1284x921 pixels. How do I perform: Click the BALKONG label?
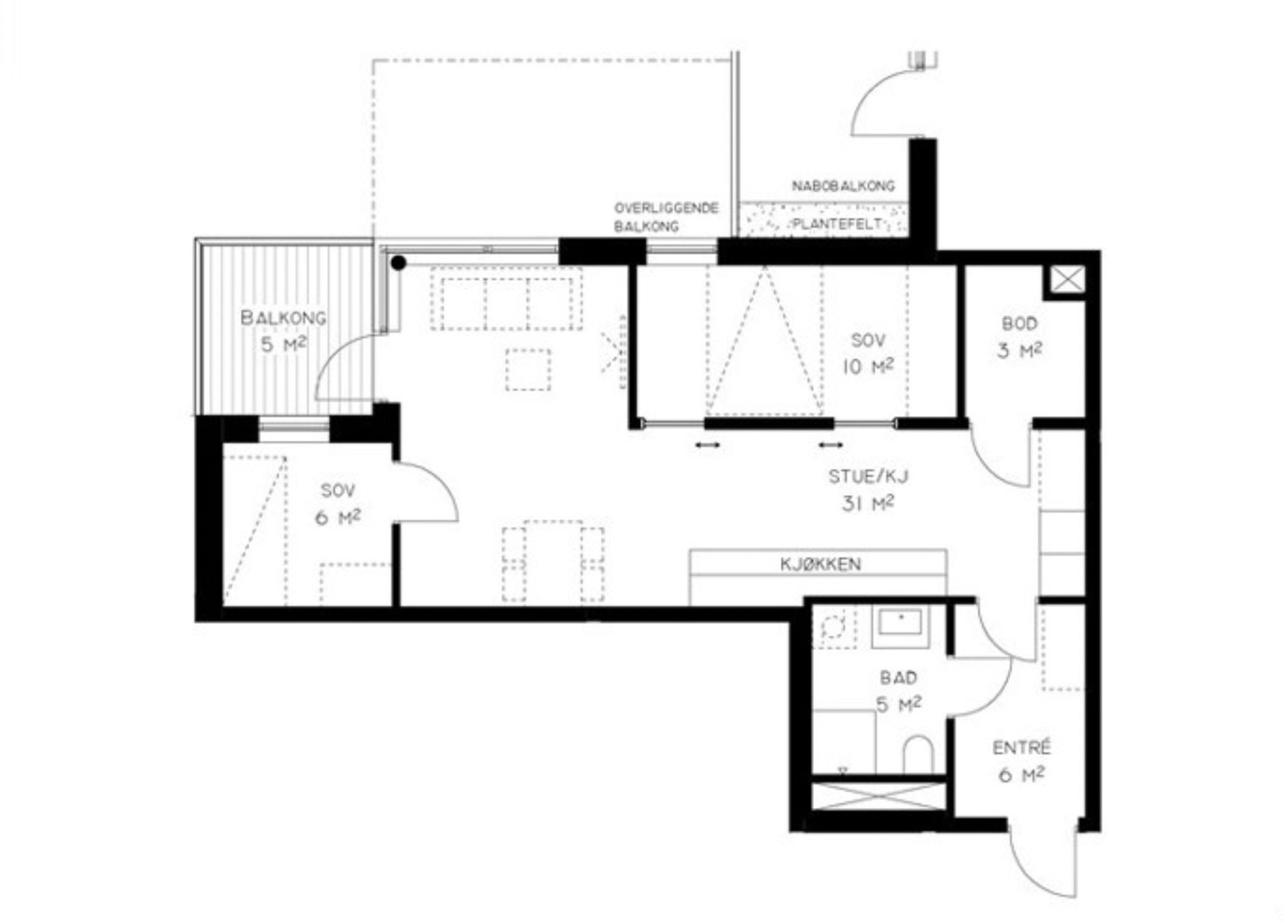284,317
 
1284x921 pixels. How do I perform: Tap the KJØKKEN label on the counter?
821,564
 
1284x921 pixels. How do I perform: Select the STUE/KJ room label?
868,476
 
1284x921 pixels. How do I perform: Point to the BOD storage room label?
1019,324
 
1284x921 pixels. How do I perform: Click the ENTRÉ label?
1021,747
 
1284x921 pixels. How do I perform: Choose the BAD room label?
898,678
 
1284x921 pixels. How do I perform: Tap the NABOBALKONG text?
843,185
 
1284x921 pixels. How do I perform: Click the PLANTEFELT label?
837,223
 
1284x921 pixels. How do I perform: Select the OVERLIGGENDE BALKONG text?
666,217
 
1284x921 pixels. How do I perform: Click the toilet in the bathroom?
918,754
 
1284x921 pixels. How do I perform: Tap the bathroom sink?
900,625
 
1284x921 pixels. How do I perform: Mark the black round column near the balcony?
399,263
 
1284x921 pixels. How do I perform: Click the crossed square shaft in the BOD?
1067,280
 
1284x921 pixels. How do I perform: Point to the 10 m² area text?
868,367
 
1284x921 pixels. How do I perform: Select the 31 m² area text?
868,503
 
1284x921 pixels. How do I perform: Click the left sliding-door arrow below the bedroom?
708,445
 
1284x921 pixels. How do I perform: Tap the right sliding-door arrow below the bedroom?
831,445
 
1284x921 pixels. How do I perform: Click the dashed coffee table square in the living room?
528,369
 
